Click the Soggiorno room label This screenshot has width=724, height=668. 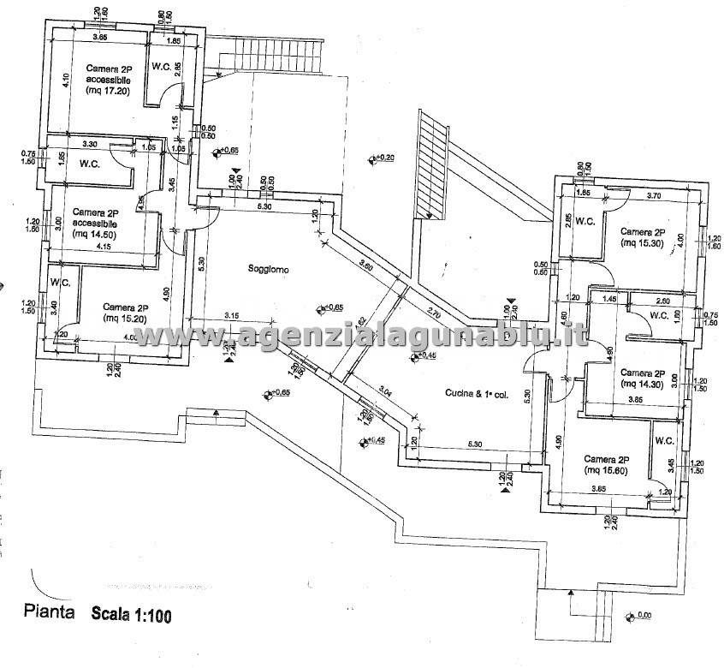coord(269,270)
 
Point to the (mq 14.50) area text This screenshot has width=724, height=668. coord(96,232)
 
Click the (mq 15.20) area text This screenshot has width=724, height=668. coord(125,319)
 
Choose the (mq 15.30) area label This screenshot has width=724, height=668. coord(643,243)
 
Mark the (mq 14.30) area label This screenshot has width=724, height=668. coord(643,385)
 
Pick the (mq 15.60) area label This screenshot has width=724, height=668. coord(606,470)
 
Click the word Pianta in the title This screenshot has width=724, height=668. coord(48,612)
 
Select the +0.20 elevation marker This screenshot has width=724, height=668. coord(381,158)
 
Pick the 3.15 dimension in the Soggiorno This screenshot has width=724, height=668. coord(231,315)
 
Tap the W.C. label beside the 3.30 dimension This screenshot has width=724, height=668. coord(92,163)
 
